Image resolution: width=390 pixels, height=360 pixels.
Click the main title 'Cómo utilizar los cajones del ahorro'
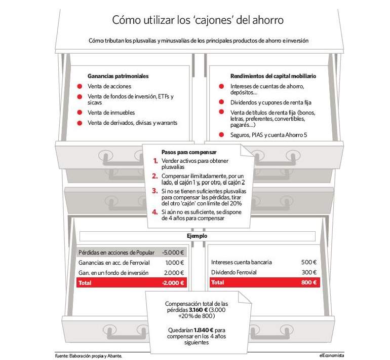coord(198,20)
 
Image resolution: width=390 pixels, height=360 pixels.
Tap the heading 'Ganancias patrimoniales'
coord(118,76)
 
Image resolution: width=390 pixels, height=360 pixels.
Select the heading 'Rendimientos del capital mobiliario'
coord(273,76)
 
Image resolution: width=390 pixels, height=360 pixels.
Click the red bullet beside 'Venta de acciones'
coord(80,86)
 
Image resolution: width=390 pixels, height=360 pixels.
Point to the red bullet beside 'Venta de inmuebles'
coord(80,113)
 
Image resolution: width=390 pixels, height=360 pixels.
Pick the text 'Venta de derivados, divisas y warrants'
coord(132,123)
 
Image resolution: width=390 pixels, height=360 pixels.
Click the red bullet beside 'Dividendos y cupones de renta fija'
coord(221,102)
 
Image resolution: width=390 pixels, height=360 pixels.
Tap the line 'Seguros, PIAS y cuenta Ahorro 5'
coord(268,135)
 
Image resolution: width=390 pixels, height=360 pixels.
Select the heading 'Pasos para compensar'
coord(189,152)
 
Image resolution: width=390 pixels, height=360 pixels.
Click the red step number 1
coord(155,161)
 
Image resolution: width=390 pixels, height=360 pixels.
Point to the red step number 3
coord(155,191)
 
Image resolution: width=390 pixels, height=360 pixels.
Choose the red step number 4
coord(155,212)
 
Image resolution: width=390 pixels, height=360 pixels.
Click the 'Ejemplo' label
coord(197,236)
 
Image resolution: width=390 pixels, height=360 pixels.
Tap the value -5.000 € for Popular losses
coord(173,253)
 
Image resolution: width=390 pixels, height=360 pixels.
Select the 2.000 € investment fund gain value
coord(174,273)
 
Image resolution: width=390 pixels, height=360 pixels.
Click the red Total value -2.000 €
coord(173,283)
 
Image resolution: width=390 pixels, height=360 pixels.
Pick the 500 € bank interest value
coord(309,262)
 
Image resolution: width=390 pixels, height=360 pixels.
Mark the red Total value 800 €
coord(309,282)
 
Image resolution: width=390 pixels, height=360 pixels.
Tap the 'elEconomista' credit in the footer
coord(332,355)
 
